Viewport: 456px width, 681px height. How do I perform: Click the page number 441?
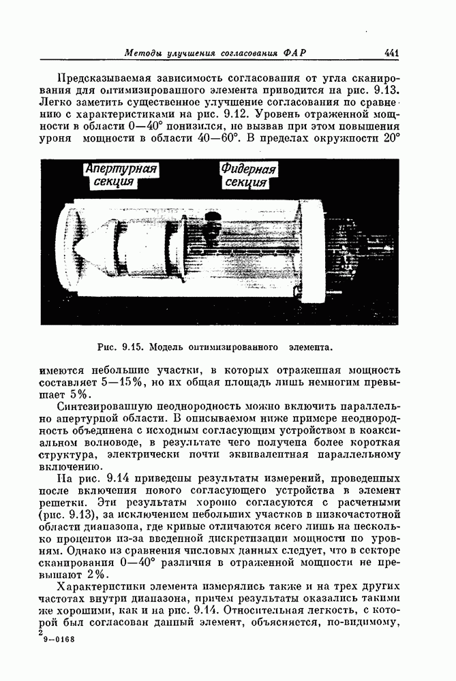click(391, 54)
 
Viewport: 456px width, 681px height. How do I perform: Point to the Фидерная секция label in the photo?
click(248, 176)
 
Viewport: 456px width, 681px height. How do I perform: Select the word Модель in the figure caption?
click(168, 347)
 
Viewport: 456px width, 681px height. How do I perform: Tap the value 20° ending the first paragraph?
click(391, 140)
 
